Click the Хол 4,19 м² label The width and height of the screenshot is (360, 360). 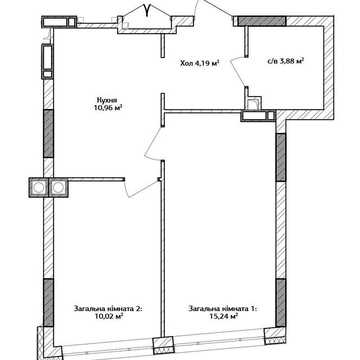(199, 63)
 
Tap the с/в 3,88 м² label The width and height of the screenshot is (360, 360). (287, 61)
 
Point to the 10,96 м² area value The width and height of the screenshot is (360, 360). (107, 107)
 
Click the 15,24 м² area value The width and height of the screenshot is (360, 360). (223, 316)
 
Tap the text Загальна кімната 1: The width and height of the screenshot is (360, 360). (223, 309)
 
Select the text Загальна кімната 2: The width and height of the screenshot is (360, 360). (108, 309)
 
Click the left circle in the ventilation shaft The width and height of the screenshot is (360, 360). (39, 188)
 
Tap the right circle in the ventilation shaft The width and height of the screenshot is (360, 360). (58, 188)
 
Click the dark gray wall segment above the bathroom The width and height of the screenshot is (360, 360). (262, 21)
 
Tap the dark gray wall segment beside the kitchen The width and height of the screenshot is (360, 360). (49, 133)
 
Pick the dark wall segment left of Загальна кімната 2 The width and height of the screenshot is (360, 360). (49, 302)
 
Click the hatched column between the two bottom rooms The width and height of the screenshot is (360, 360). (163, 346)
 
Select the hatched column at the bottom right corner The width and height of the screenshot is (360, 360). (275, 336)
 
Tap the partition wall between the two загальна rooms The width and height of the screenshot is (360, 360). (163, 248)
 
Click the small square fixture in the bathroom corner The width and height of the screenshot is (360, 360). (254, 103)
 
